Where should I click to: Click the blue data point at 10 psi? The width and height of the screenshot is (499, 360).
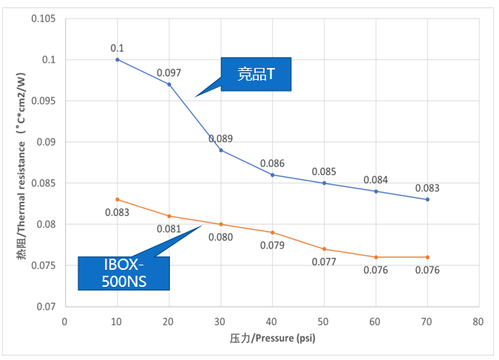tap(118, 59)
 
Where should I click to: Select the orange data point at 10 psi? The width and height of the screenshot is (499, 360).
tap(118, 200)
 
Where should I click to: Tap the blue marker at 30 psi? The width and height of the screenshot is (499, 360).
tap(221, 150)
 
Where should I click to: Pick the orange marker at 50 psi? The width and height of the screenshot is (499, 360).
tap(324, 249)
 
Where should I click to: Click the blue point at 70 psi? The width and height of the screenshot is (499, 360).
tap(427, 200)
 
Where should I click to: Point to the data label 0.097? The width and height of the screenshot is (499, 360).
tap(169, 73)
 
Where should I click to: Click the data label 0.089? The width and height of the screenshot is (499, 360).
tap(220, 138)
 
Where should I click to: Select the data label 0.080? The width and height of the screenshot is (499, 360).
tap(221, 237)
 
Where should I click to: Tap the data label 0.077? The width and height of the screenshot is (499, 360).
tap(324, 262)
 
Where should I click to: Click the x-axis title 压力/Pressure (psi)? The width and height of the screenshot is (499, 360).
tap(272, 339)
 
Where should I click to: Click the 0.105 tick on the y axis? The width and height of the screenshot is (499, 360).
tap(44, 18)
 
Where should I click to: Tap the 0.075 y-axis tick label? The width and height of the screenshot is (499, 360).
tap(44, 265)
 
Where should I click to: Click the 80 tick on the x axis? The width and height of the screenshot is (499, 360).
tap(478, 322)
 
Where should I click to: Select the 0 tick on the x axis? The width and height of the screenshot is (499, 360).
tap(66, 322)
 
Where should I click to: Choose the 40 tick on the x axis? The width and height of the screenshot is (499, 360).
tap(272, 322)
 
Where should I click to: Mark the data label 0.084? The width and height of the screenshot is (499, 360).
tap(376, 180)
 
